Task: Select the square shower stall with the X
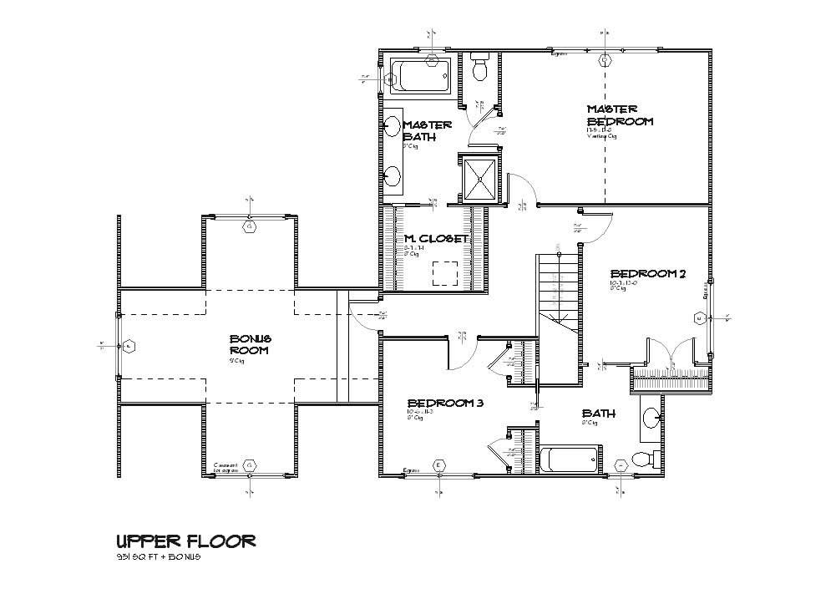click(x=479, y=177)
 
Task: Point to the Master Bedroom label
click(x=618, y=115)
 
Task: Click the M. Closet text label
click(x=431, y=238)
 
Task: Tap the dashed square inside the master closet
click(x=444, y=273)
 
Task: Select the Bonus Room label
click(x=251, y=344)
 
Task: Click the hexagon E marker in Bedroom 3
click(x=439, y=465)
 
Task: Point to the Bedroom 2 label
click(x=647, y=274)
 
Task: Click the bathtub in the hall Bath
click(x=568, y=459)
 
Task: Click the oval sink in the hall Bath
click(x=650, y=417)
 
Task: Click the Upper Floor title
click(x=185, y=541)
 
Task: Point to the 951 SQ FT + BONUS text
click(x=159, y=558)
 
